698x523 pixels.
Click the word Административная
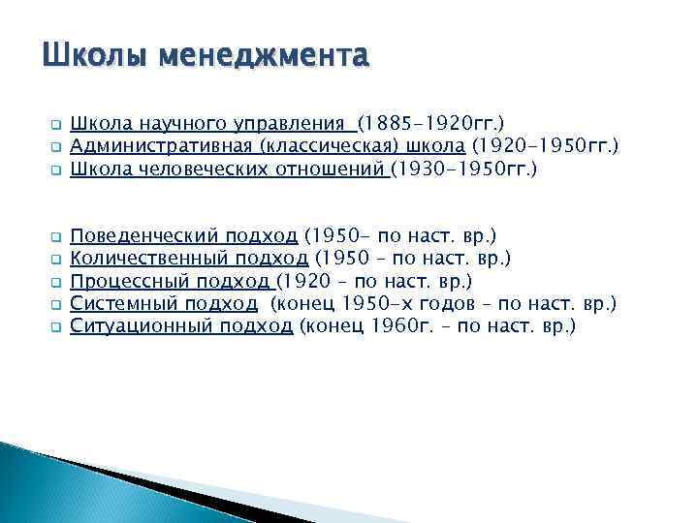coord(162,146)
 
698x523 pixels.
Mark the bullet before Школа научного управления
coord(55,125)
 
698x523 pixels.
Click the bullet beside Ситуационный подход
coord(55,327)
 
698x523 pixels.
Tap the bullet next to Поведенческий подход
coord(55,236)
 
